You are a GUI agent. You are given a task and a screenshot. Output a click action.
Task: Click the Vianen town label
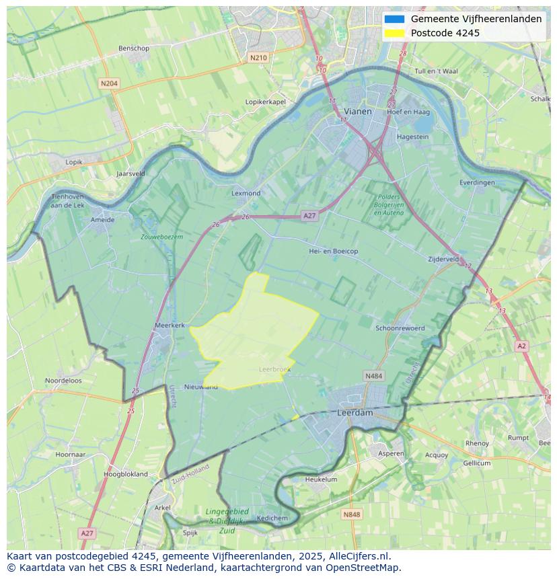tap(357, 111)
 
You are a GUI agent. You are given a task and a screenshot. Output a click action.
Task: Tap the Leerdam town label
tap(355, 413)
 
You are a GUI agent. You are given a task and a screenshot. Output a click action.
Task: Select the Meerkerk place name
tap(170, 325)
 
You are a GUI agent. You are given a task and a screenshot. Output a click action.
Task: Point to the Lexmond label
tap(246, 193)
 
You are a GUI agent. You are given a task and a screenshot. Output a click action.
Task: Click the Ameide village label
tap(102, 219)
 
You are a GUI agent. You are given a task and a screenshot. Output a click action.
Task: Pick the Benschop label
tap(133, 48)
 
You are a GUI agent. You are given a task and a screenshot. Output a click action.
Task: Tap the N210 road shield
tap(258, 58)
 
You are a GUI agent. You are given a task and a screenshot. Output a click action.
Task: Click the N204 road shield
tap(108, 83)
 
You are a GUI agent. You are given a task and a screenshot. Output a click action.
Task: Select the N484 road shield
tap(373, 376)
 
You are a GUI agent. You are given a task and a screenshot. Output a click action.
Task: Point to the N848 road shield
tap(351, 514)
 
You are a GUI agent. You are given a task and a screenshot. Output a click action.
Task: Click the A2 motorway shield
tap(521, 346)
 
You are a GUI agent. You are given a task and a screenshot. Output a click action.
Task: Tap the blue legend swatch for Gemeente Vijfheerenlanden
tap(394, 20)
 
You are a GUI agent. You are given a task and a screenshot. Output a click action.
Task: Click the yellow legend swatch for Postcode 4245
tap(394, 33)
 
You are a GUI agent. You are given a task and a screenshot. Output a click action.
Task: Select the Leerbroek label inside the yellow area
tap(273, 369)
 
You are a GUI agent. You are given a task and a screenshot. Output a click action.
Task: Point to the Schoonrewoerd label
tap(400, 328)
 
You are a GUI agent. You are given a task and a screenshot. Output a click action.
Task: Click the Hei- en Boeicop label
tap(333, 251)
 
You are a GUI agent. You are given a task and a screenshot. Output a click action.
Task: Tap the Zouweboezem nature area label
tap(161, 237)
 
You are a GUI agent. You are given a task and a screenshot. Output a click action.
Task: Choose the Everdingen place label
tap(477, 182)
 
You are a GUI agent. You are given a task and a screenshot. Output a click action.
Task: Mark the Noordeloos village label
tap(63, 381)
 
